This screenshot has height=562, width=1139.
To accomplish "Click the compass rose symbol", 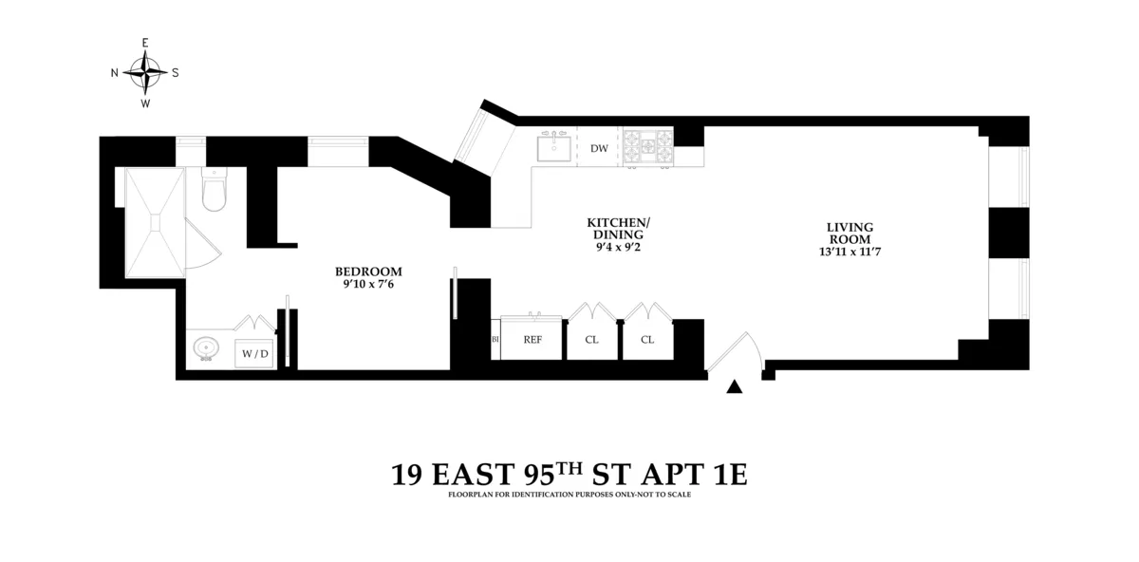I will (145, 72).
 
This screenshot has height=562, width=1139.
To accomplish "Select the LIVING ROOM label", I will (849, 234).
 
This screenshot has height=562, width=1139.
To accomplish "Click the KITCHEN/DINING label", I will (618, 228).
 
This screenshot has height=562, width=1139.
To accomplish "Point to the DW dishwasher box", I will (599, 148).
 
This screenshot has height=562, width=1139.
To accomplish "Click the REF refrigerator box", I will (532, 339).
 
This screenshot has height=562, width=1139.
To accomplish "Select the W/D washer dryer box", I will (254, 353).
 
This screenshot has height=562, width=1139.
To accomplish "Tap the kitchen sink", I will (553, 148).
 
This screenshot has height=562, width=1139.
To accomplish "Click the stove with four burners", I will (648, 147).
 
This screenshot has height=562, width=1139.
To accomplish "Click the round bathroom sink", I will (205, 350).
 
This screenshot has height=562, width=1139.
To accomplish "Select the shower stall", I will (151, 219).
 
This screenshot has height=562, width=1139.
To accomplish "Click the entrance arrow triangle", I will (734, 386).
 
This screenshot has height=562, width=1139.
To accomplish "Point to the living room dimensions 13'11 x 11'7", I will (849, 253).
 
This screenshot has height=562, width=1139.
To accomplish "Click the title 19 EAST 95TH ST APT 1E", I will (569, 475).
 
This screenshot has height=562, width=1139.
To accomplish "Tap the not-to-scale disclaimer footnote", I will (569, 495).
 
